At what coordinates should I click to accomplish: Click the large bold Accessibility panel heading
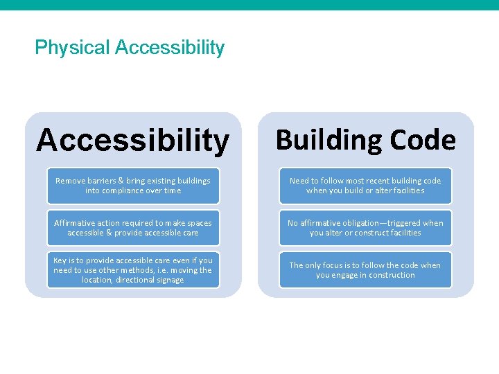pyautogui.click(x=132, y=141)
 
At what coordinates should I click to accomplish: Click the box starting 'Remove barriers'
pyautogui.click(x=133, y=186)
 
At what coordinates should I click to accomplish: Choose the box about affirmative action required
pyautogui.click(x=133, y=228)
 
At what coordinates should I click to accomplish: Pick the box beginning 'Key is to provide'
pyautogui.click(x=133, y=270)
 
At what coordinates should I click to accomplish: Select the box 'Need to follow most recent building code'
pyautogui.click(x=365, y=186)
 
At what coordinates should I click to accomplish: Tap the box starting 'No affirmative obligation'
pyautogui.click(x=365, y=228)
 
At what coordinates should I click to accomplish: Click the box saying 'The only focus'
pyautogui.click(x=365, y=270)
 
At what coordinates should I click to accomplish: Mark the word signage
pyautogui.click(x=170, y=280)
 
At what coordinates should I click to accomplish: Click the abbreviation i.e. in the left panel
pyautogui.click(x=164, y=270)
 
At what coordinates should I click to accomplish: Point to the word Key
pyautogui.click(x=60, y=260)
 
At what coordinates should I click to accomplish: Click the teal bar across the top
pyautogui.click(x=249, y=5)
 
